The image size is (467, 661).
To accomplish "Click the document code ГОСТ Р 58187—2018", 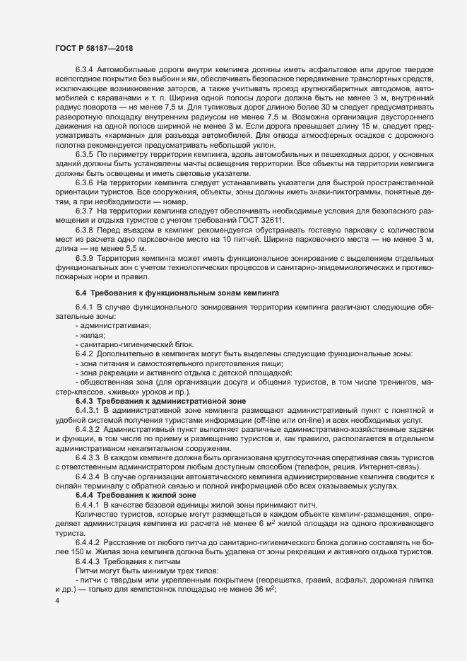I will click(94, 48).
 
